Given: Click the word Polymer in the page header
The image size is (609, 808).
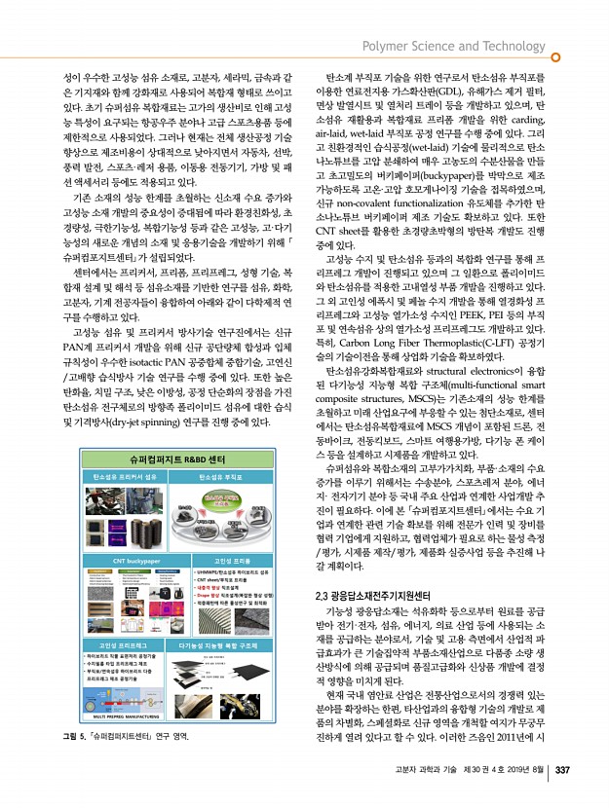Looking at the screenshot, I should [x=385, y=46].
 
